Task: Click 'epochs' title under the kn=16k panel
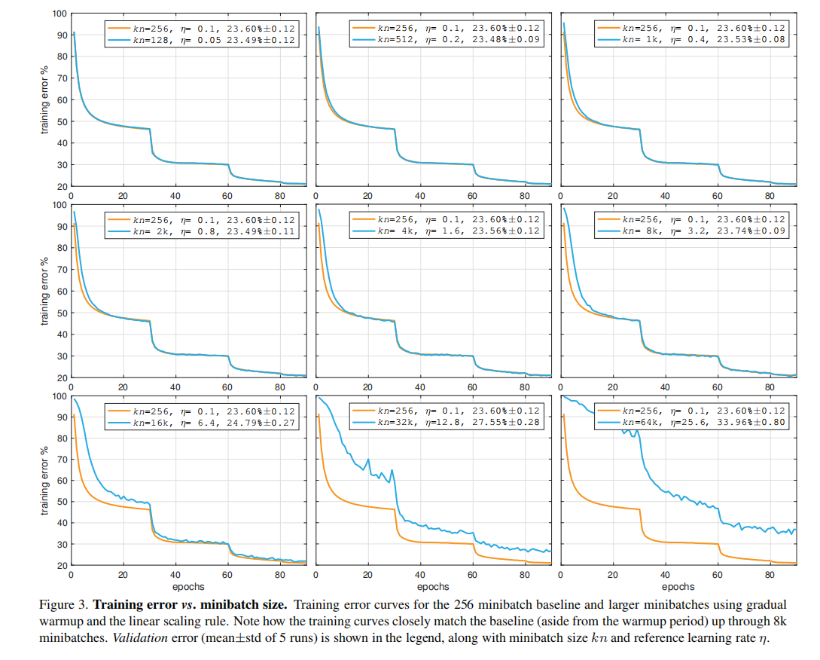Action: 187,586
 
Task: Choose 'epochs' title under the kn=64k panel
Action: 678,586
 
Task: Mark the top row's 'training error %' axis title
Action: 44,99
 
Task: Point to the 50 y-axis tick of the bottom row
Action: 60,502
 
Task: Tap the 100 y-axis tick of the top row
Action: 58,14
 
